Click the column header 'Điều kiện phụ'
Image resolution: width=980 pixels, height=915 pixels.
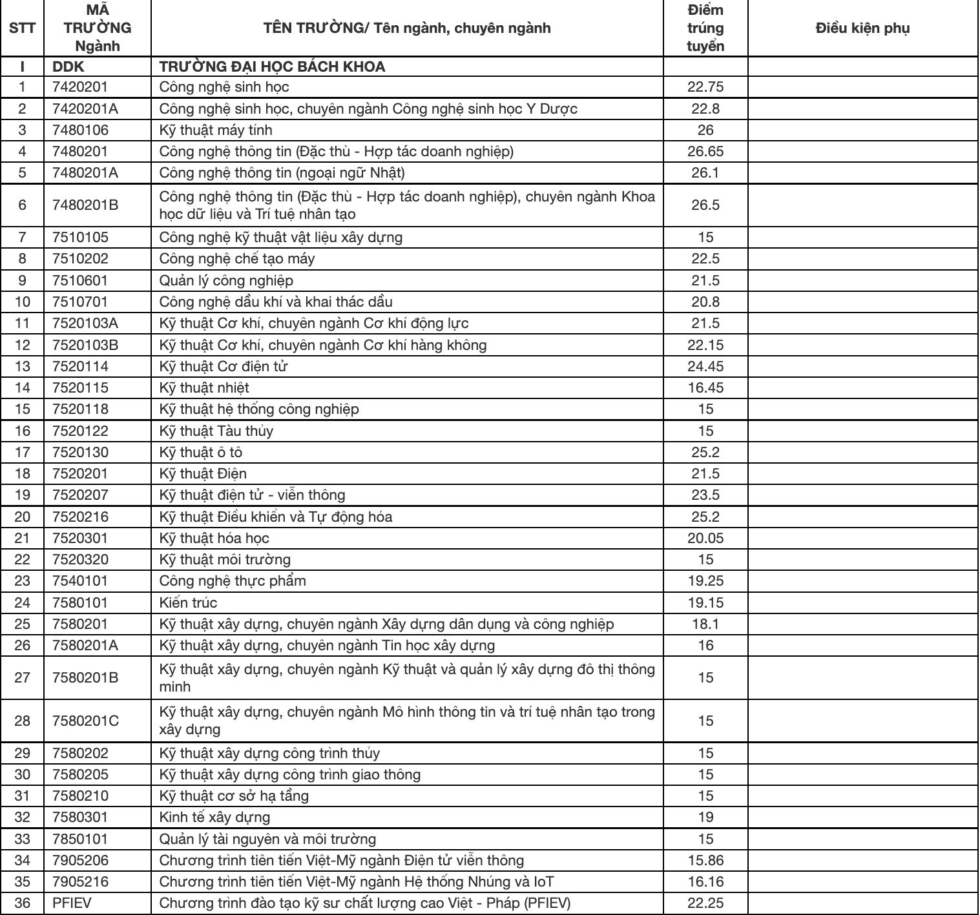click(x=862, y=28)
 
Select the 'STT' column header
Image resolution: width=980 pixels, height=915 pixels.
click(x=22, y=28)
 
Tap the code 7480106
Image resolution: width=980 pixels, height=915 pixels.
click(x=81, y=130)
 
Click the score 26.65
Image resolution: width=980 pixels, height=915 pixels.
click(x=705, y=152)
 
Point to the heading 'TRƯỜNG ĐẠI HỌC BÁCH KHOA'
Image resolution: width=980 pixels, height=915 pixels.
click(x=272, y=67)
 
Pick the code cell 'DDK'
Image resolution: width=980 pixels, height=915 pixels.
click(x=68, y=67)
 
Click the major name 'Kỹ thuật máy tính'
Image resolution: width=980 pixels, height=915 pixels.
click(x=216, y=130)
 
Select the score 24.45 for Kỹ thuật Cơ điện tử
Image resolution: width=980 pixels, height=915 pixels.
click(x=705, y=367)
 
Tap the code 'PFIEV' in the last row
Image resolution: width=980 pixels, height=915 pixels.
click(x=72, y=903)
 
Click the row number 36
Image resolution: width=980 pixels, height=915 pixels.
click(x=22, y=903)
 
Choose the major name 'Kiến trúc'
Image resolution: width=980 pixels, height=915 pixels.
click(x=188, y=602)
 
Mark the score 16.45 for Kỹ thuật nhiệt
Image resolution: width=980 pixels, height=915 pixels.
click(x=705, y=388)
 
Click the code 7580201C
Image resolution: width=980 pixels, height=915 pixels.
click(x=85, y=721)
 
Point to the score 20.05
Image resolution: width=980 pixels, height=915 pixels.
click(x=705, y=538)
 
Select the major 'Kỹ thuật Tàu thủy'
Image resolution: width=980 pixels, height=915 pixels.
click(x=216, y=431)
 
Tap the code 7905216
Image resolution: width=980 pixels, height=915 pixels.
click(x=81, y=881)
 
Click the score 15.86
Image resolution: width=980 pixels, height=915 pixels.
click(x=705, y=860)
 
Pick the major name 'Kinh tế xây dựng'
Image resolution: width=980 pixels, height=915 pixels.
click(x=214, y=817)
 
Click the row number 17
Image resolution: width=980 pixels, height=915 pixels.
click(x=22, y=452)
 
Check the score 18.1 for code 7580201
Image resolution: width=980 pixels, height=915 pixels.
click(x=705, y=624)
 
